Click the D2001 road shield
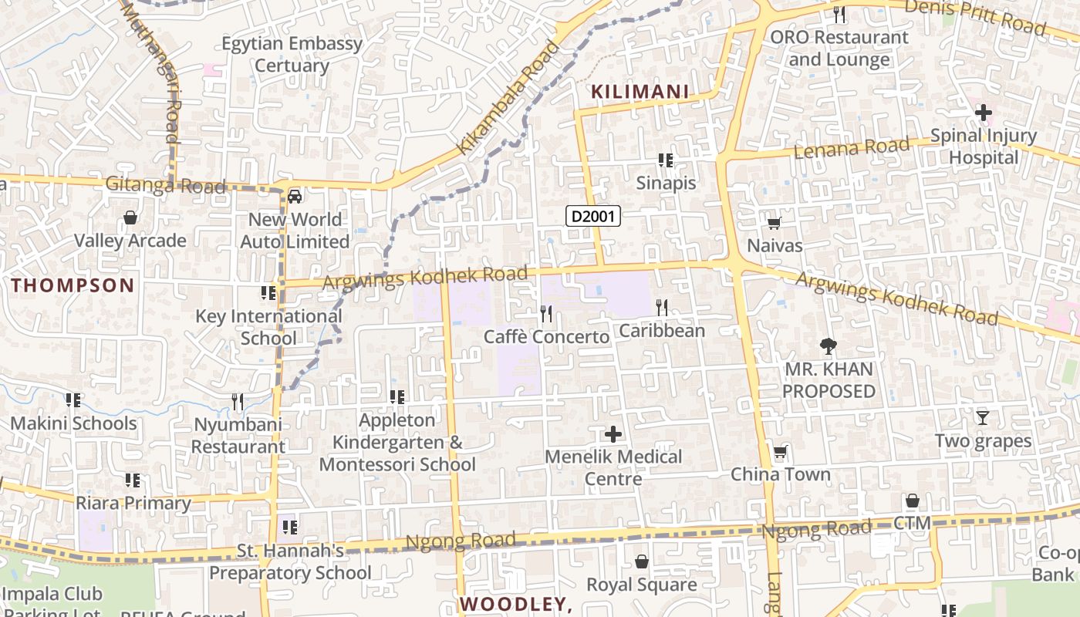pyautogui.click(x=593, y=216)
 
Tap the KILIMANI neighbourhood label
pyautogui.click(x=640, y=92)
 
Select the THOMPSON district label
pyautogui.click(x=73, y=285)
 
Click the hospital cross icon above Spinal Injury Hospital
pyautogui.click(x=983, y=113)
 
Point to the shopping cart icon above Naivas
pyautogui.click(x=774, y=224)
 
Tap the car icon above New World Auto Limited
pyautogui.click(x=295, y=196)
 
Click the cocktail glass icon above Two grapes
pyautogui.click(x=982, y=418)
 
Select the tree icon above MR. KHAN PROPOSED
pyautogui.click(x=829, y=346)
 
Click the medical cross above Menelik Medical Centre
pyautogui.click(x=613, y=434)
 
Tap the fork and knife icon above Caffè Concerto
pyautogui.click(x=546, y=313)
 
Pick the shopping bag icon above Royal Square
pyautogui.click(x=641, y=562)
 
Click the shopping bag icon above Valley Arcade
pyautogui.click(x=130, y=217)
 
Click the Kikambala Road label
pyautogui.click(x=508, y=97)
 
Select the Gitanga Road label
pyautogui.click(x=166, y=185)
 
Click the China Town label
pyautogui.click(x=781, y=474)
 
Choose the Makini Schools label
pyautogui.click(x=73, y=423)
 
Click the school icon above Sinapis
pyautogui.click(x=666, y=160)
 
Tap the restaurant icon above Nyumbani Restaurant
pyautogui.click(x=238, y=402)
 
